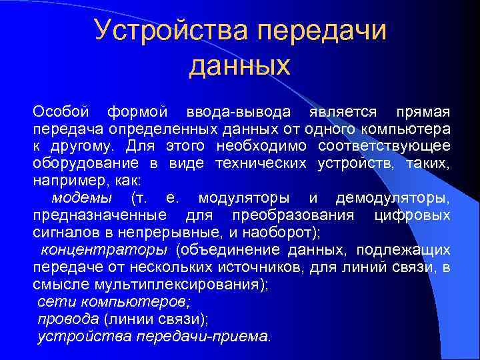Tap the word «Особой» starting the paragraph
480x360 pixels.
(61, 111)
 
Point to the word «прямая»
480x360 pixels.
(423, 111)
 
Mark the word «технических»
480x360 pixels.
(261, 163)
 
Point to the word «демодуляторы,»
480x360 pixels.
(393, 198)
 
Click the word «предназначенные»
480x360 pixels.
(100, 215)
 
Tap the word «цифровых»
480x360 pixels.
(413, 215)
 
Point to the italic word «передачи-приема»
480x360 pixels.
(203, 336)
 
